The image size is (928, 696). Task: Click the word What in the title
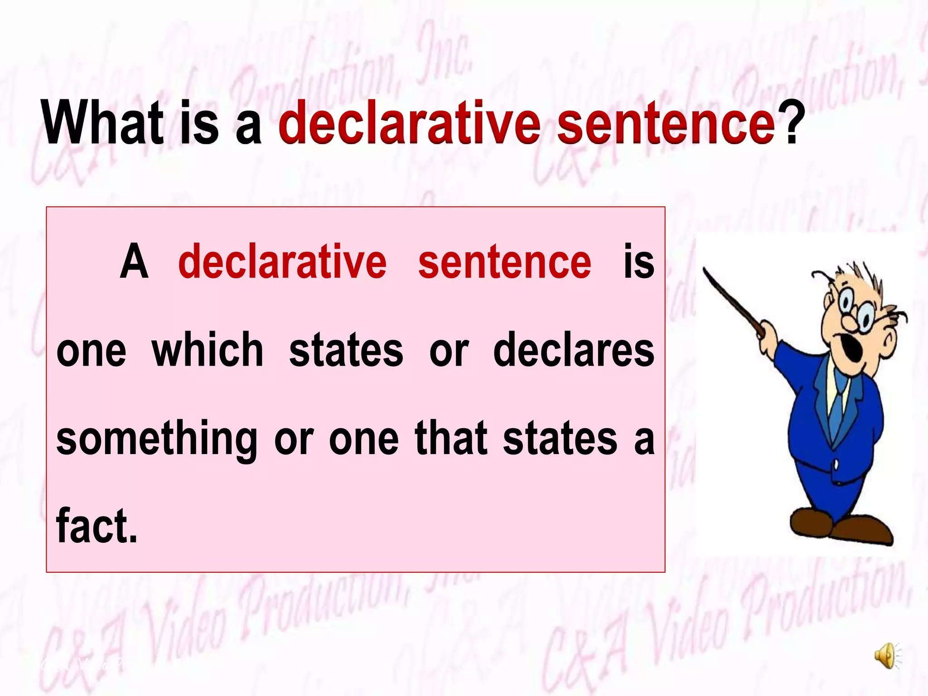[102, 122]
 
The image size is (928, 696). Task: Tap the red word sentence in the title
[666, 122]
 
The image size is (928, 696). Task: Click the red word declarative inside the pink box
[282, 262]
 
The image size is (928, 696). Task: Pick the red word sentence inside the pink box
[504, 262]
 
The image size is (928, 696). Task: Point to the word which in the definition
[208, 350]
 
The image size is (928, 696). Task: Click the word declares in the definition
[574, 350]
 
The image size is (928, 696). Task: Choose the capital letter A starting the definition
[134, 262]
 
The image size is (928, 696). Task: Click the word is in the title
[199, 122]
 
